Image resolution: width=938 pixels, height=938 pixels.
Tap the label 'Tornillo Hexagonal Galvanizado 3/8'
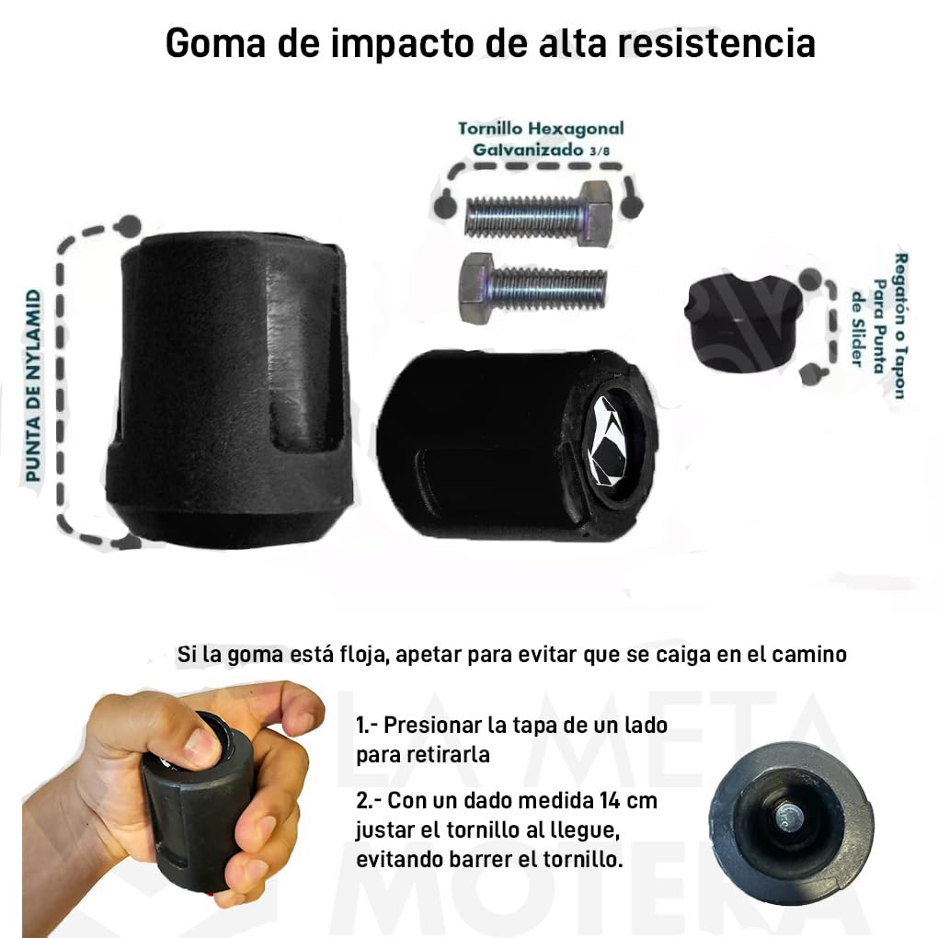click(541, 138)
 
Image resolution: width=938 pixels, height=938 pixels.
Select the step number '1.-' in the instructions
click(367, 725)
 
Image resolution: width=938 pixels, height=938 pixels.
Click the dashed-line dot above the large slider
click(130, 224)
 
